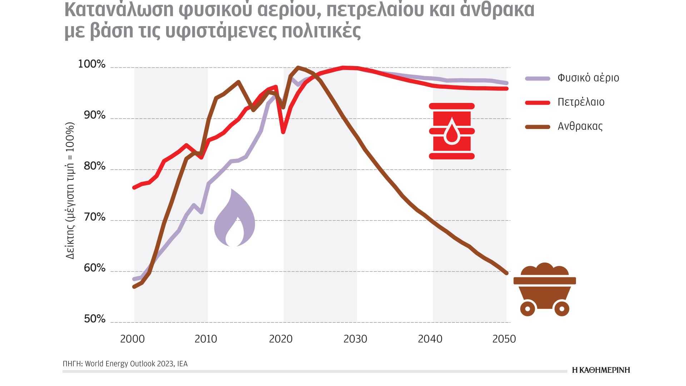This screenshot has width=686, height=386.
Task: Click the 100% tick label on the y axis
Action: (92, 64)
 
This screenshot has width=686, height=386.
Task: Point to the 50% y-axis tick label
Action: (95, 319)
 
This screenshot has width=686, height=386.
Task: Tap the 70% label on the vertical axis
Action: (95, 217)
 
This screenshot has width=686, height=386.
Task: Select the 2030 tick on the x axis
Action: (355, 339)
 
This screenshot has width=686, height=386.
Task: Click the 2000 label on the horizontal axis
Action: (132, 339)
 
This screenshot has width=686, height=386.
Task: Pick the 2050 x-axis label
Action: (504, 339)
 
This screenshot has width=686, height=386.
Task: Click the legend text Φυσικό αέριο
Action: (588, 78)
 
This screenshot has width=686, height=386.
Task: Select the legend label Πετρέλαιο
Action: (581, 102)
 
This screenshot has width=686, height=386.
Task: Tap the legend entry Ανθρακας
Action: (580, 126)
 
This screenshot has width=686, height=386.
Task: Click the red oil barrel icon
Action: (452, 131)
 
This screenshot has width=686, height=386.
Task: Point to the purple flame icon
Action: (234, 219)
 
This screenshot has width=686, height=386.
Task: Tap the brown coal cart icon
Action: (545, 289)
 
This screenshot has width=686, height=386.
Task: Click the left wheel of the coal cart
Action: (528, 308)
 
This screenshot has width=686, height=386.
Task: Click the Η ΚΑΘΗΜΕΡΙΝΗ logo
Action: (601, 370)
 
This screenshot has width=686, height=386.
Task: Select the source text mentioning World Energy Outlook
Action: (125, 364)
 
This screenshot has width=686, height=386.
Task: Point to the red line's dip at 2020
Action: (283, 132)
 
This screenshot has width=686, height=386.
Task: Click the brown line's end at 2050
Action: (506, 273)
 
